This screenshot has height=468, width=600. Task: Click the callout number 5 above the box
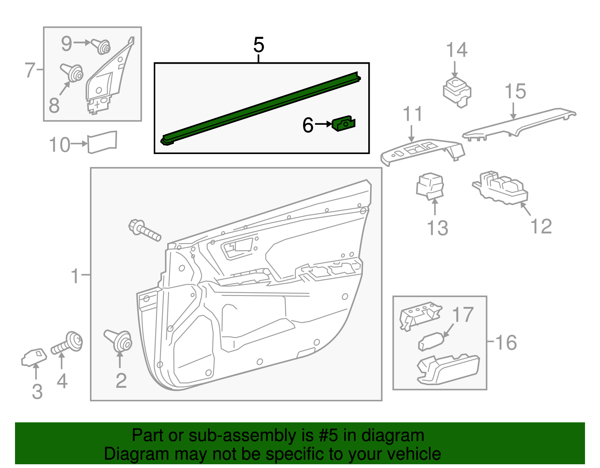[259, 45]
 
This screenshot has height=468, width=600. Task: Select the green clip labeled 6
[343, 123]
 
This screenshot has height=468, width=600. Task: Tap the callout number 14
[456, 50]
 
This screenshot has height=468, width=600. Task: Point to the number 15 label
[515, 91]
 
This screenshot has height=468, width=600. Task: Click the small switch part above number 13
[430, 186]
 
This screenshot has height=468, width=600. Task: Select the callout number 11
[412, 114]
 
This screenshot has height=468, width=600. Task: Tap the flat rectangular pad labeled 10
[102, 142]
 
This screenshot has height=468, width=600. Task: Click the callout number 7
[30, 70]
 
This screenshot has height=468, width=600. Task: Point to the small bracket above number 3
[34, 357]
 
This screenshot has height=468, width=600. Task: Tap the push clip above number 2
[119, 340]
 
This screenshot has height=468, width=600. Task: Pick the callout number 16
[506, 342]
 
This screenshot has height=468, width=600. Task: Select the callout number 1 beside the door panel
[75, 276]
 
